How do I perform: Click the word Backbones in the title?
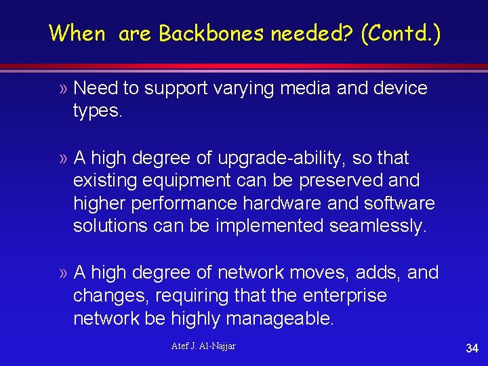pos(209,33)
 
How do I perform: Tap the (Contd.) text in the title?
pos(401,33)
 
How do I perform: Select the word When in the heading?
pos(77,33)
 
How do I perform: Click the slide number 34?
pos(472,348)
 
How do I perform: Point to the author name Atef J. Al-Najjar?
pos(203,346)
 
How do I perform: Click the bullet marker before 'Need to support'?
pos(63,88)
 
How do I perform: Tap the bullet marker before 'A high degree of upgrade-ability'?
pos(63,159)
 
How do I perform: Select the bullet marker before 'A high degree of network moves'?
pos(63,273)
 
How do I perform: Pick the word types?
pos(98,111)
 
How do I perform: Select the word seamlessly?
pos(378,226)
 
